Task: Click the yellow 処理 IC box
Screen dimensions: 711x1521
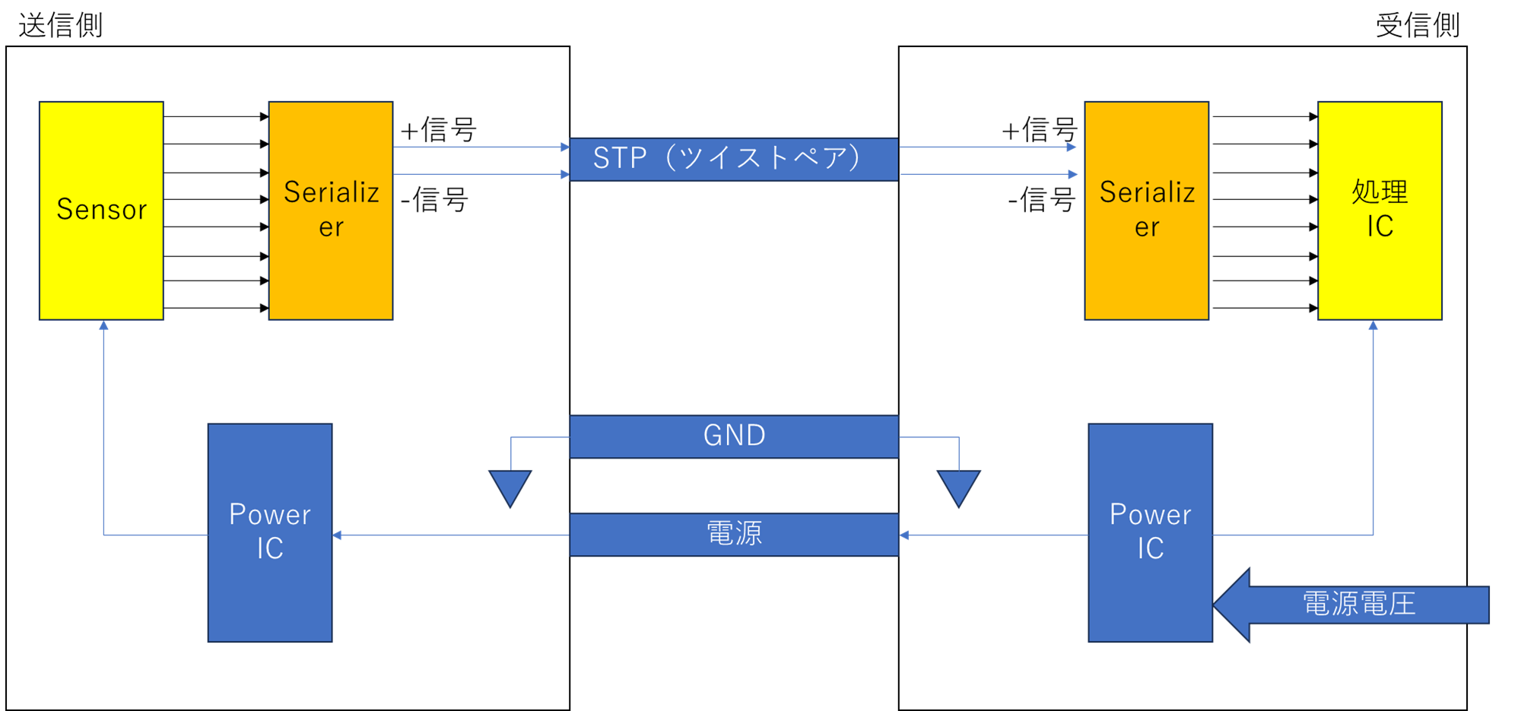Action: (x=1380, y=274)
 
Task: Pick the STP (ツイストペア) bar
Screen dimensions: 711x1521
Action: (x=733, y=159)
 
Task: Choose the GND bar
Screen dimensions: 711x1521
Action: (x=733, y=436)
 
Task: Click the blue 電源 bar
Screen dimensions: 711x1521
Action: (x=733, y=535)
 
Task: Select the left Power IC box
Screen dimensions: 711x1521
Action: (x=270, y=593)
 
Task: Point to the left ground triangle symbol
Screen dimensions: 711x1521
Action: (x=510, y=487)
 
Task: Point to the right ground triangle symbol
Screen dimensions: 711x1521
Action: (x=958, y=487)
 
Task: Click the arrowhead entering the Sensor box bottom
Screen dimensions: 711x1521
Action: (x=103, y=325)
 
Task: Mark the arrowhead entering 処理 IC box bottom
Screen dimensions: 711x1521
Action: (x=1373, y=325)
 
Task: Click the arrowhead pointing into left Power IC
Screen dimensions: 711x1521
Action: (x=338, y=535)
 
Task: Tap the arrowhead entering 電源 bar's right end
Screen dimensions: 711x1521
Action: (x=904, y=535)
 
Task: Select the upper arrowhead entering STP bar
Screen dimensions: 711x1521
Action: (x=565, y=147)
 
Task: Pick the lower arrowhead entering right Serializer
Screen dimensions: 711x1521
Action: (x=1072, y=174)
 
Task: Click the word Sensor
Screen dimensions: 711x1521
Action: (x=101, y=209)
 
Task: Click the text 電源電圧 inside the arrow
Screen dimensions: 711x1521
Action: (x=1359, y=604)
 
